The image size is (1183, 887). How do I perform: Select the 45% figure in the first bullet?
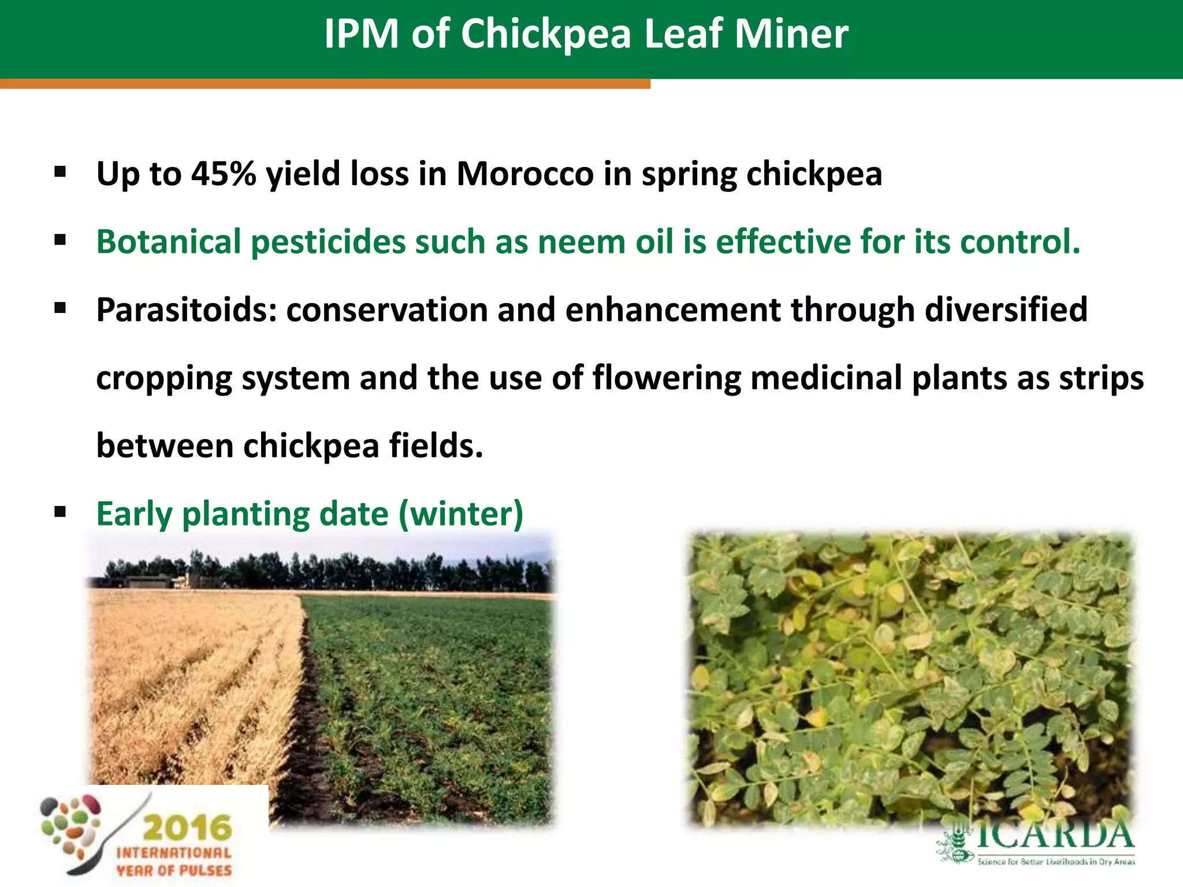pyautogui.click(x=224, y=173)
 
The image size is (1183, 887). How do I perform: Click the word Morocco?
pyautogui.click(x=524, y=173)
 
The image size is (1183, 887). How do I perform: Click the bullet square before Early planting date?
pyautogui.click(x=60, y=512)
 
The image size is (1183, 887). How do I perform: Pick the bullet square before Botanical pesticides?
pyautogui.click(x=60, y=240)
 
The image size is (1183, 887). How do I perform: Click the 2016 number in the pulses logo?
pyautogui.click(x=187, y=828)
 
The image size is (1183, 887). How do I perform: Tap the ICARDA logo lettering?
pyautogui.click(x=1054, y=835)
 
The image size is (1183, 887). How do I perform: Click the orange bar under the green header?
pyautogui.click(x=323, y=84)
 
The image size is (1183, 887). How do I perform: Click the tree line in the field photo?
pyautogui.click(x=347, y=572)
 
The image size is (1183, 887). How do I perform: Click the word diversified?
pyautogui.click(x=1006, y=310)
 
